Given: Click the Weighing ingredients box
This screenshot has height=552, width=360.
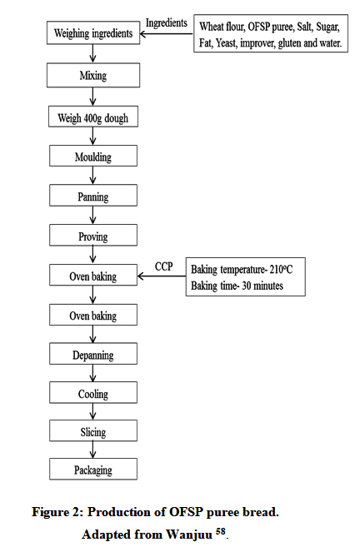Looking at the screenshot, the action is [93, 33].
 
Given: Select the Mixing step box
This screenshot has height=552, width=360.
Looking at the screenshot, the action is [93, 75].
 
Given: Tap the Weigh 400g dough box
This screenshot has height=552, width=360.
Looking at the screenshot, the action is [93, 117].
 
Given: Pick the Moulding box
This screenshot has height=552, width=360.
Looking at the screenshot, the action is [93, 156].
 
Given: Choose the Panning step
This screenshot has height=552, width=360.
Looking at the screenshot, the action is [93, 196].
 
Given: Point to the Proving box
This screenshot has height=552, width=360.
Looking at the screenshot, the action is [93, 236].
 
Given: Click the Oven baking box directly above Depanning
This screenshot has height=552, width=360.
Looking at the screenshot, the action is [93, 315].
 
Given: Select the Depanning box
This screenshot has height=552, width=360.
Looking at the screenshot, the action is [93, 354].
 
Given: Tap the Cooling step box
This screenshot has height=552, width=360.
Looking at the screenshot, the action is [93, 393].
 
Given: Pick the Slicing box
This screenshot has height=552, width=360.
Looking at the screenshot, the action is [93, 431].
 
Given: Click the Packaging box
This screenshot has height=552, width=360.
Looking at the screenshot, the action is [93, 470].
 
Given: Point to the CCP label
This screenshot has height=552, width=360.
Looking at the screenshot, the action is [164, 266].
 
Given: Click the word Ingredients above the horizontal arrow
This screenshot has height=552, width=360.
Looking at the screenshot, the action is [167, 22].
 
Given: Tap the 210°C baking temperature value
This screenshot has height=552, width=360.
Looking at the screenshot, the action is [281, 269].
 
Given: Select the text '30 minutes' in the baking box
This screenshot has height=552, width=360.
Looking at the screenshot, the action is [262, 286].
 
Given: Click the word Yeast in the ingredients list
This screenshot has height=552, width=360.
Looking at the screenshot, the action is [226, 43].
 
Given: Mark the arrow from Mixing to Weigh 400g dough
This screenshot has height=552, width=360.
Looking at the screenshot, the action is [93, 97].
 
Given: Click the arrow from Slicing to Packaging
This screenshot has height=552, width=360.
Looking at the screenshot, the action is [93, 450].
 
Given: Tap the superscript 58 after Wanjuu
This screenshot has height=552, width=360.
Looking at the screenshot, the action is [221, 530].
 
